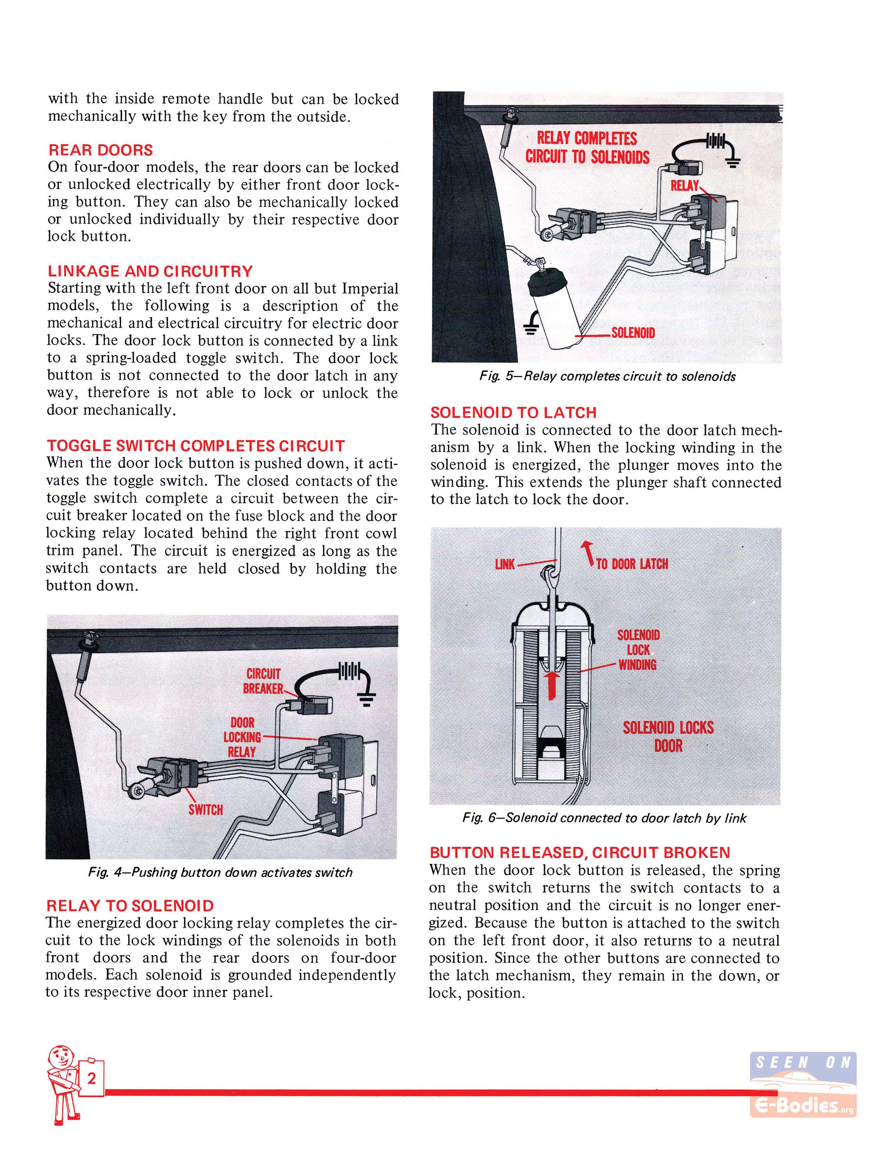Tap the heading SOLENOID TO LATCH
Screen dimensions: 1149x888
513,413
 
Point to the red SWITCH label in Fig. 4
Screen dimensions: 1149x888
206,809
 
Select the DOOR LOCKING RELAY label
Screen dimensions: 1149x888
242,737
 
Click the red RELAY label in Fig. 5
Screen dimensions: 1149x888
684,185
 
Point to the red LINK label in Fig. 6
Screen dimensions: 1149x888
505,564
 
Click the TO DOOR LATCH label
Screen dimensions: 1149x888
631,564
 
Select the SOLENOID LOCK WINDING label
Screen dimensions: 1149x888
638,650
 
